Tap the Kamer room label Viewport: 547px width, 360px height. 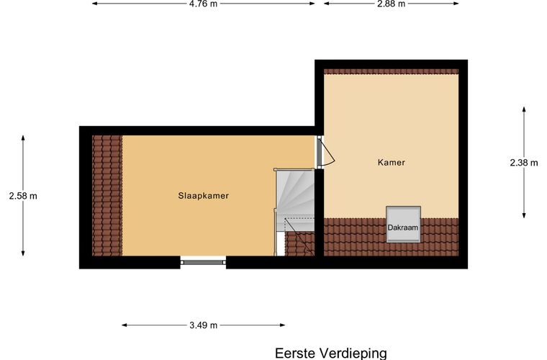392,163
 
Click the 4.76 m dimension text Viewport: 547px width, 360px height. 203,4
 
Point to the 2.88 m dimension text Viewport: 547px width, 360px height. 391,4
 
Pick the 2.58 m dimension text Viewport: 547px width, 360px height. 23,195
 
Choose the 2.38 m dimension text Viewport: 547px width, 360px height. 523,163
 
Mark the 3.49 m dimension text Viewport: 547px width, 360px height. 203,325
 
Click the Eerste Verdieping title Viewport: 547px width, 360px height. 330,353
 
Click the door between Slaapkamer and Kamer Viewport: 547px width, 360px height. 322,153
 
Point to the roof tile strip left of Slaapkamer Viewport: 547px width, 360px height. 107,195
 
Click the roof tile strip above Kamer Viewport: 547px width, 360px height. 391,71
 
